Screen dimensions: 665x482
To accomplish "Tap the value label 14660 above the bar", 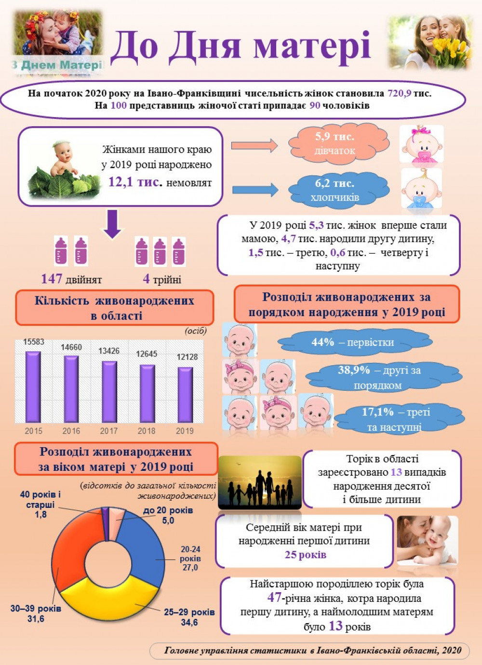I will point(71,347).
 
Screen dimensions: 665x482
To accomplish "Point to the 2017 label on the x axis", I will point(109,431).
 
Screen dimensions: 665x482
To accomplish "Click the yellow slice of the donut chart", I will point(111,600).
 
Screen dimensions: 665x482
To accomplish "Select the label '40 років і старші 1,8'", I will point(40,505).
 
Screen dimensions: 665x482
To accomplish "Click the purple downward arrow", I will point(113,225).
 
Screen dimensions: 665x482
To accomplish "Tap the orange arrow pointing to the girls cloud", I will point(254,145).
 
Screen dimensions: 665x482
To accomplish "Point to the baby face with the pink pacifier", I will point(421,145).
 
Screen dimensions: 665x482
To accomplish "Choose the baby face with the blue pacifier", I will point(421,189).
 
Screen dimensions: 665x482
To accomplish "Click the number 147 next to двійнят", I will point(52,279).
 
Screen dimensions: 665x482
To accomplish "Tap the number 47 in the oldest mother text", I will point(274,598).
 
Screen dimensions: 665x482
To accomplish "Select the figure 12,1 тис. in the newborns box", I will point(134,182).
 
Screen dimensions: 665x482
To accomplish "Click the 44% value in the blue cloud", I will point(322,342).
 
